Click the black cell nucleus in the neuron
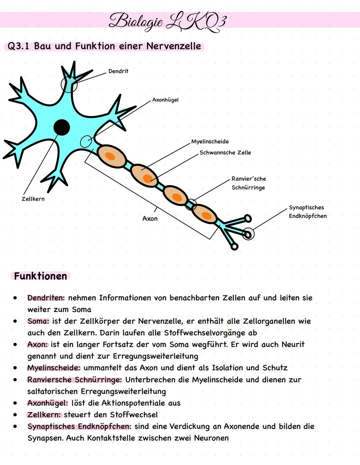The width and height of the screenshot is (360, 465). tap(62, 127)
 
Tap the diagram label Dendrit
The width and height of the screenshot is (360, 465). tap(118, 71)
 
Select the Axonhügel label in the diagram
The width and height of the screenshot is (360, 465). tap(165, 100)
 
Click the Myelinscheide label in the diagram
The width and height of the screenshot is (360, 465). tap(210, 142)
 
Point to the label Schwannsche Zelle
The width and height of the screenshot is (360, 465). tap(225, 153)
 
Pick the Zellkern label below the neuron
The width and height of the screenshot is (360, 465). tap(33, 199)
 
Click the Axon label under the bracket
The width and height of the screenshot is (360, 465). tap(150, 219)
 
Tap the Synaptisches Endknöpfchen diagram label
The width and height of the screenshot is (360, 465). tap(308, 212)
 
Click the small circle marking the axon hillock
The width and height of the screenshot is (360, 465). tap(86, 142)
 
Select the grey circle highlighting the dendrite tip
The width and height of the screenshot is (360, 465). tap(69, 85)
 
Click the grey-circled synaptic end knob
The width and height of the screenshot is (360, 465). tap(248, 234)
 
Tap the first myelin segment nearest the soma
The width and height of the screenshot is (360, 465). tap(111, 156)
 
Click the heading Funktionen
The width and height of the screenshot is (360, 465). tap(40, 276)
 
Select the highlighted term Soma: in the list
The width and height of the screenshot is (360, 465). tap(38, 321)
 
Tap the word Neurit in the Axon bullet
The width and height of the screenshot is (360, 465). tap(293, 345)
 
